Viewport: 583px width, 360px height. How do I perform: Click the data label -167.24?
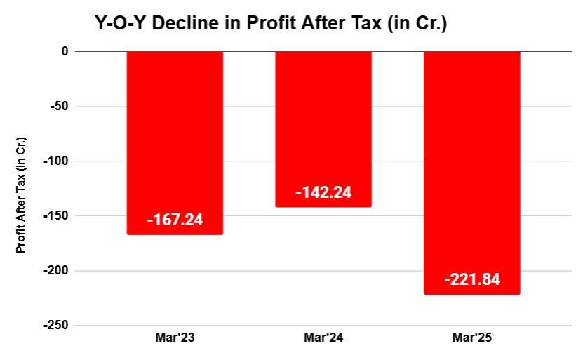pos(175,220)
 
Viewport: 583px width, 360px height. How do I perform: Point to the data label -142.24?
pos(323,192)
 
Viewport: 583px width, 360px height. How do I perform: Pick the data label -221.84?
pos(472,280)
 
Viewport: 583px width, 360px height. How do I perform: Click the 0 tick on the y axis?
pos(64,51)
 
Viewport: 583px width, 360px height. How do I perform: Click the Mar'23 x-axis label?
pos(175,338)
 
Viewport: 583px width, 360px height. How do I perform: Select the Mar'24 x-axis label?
pos(323,338)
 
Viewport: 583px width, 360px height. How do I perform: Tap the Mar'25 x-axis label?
pos(472,338)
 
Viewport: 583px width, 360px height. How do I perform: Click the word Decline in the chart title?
pos(180,24)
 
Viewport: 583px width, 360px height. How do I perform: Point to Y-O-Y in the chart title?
pos(121,24)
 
